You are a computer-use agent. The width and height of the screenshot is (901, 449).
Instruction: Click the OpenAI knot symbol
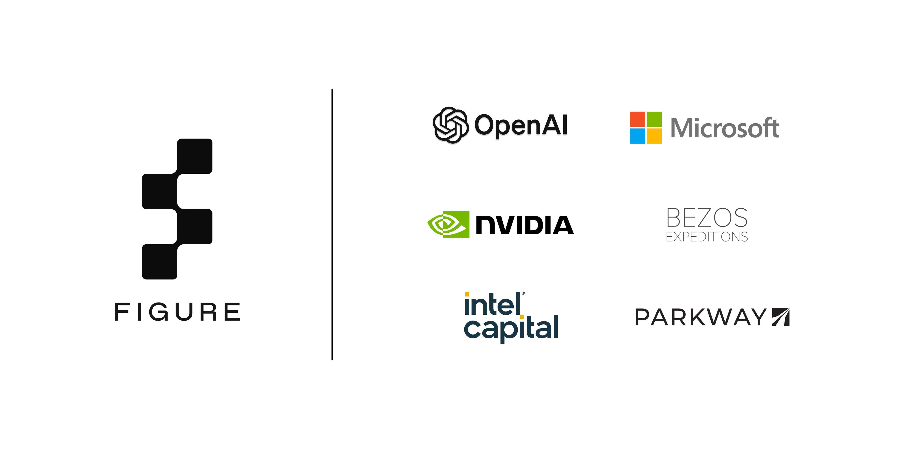click(x=450, y=125)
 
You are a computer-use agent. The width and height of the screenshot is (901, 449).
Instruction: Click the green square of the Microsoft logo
click(x=654, y=119)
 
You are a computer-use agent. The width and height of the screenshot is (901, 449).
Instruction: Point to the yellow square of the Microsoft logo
click(x=654, y=136)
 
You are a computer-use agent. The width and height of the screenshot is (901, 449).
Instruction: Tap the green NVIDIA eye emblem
click(x=448, y=224)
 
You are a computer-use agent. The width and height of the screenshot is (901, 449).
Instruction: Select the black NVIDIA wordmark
click(x=525, y=225)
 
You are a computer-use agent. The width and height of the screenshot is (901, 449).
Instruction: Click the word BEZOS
click(x=707, y=218)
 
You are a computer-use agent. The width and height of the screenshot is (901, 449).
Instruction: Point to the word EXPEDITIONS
click(x=707, y=237)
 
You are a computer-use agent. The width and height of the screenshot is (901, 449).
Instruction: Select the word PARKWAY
click(x=701, y=317)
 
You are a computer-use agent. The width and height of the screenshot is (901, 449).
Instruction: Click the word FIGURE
click(x=177, y=312)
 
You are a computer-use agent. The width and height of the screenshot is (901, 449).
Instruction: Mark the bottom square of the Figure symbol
click(x=159, y=262)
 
